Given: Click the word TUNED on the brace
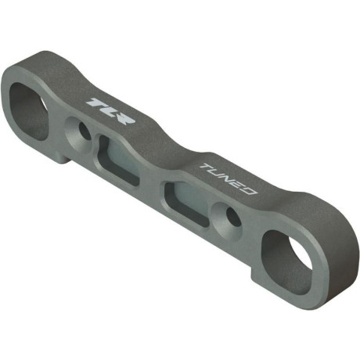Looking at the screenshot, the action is point(229,179).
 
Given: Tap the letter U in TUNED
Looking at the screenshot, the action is point(218,174).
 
